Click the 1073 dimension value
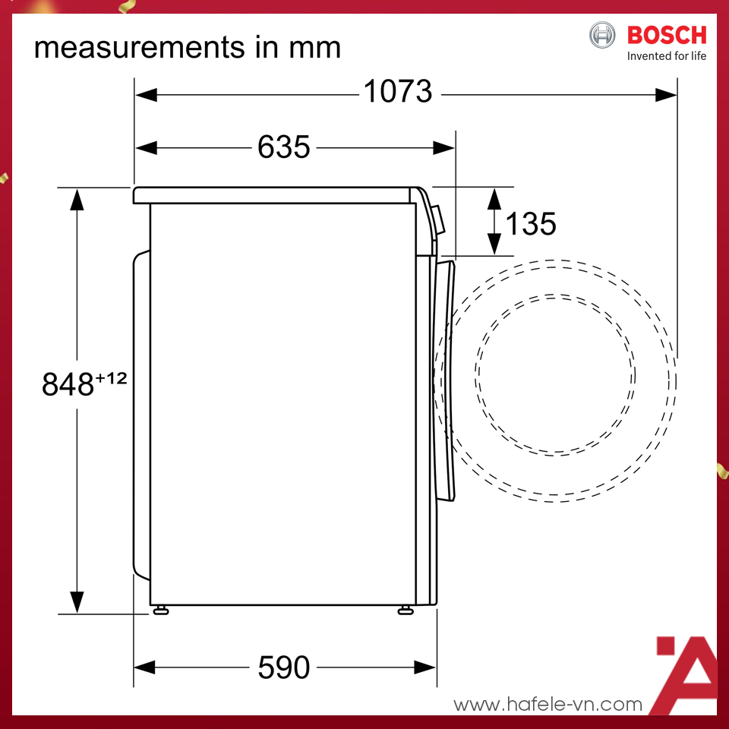tap(398, 91)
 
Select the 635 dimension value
tap(283, 147)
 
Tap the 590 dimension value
tap(283, 667)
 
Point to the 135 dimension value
tap(531, 223)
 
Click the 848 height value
tap(68, 384)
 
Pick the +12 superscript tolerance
tap(111, 378)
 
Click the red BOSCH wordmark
tap(667, 36)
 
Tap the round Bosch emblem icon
tap(602, 35)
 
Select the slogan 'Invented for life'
tap(667, 56)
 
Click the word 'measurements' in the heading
tap(140, 47)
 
